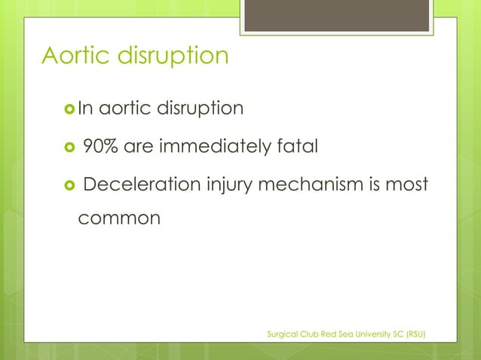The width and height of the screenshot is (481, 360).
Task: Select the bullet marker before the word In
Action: coord(68,109)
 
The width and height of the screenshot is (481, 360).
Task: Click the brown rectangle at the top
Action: coord(336,16)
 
